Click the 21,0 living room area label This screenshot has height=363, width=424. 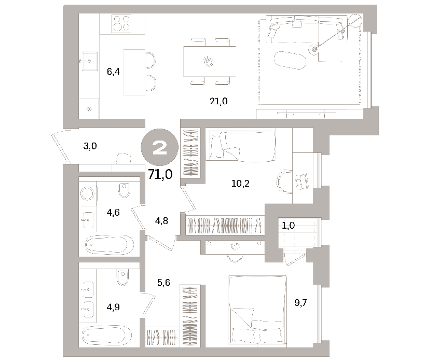(218, 101)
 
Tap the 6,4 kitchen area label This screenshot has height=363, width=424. (113, 72)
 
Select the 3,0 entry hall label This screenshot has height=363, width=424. (90, 146)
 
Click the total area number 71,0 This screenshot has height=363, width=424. (160, 174)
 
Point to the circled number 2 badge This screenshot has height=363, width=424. (159, 147)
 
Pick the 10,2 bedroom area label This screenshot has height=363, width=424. (240, 184)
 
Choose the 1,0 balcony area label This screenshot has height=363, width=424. (288, 226)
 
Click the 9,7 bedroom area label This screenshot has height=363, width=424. (300, 303)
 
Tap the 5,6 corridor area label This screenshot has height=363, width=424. (163, 283)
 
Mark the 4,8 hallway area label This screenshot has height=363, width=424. (161, 221)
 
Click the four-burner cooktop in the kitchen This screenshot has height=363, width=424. (121, 24)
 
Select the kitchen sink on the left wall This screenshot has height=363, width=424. (89, 61)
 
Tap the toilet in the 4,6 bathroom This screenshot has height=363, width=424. (125, 190)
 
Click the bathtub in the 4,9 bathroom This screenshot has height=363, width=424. (107, 335)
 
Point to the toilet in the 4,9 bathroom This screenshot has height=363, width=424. (122, 277)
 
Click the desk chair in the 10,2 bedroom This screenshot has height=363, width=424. (284, 181)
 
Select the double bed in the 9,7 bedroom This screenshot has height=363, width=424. (257, 311)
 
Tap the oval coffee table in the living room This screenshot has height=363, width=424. (290, 60)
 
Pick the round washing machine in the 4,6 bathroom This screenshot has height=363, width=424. (87, 193)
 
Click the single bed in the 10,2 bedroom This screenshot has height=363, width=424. (241, 146)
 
